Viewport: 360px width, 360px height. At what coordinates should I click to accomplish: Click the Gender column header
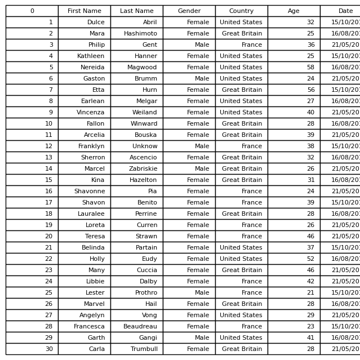189,11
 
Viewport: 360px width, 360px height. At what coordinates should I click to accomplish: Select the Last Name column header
136,11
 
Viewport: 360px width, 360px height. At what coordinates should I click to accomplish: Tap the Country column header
241,11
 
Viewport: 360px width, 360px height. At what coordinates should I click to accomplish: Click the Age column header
294,11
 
